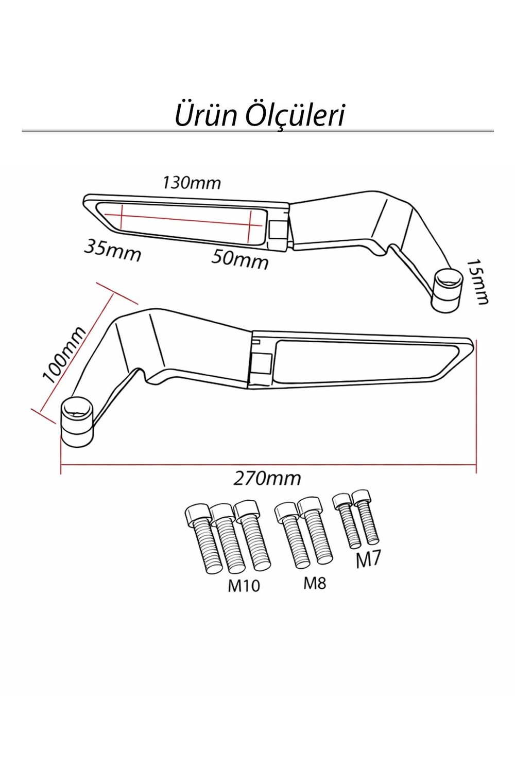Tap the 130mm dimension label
(192, 183)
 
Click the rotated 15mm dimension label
(477, 282)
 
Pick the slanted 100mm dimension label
(63, 355)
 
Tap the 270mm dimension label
(267, 479)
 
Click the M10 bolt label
(244, 586)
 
